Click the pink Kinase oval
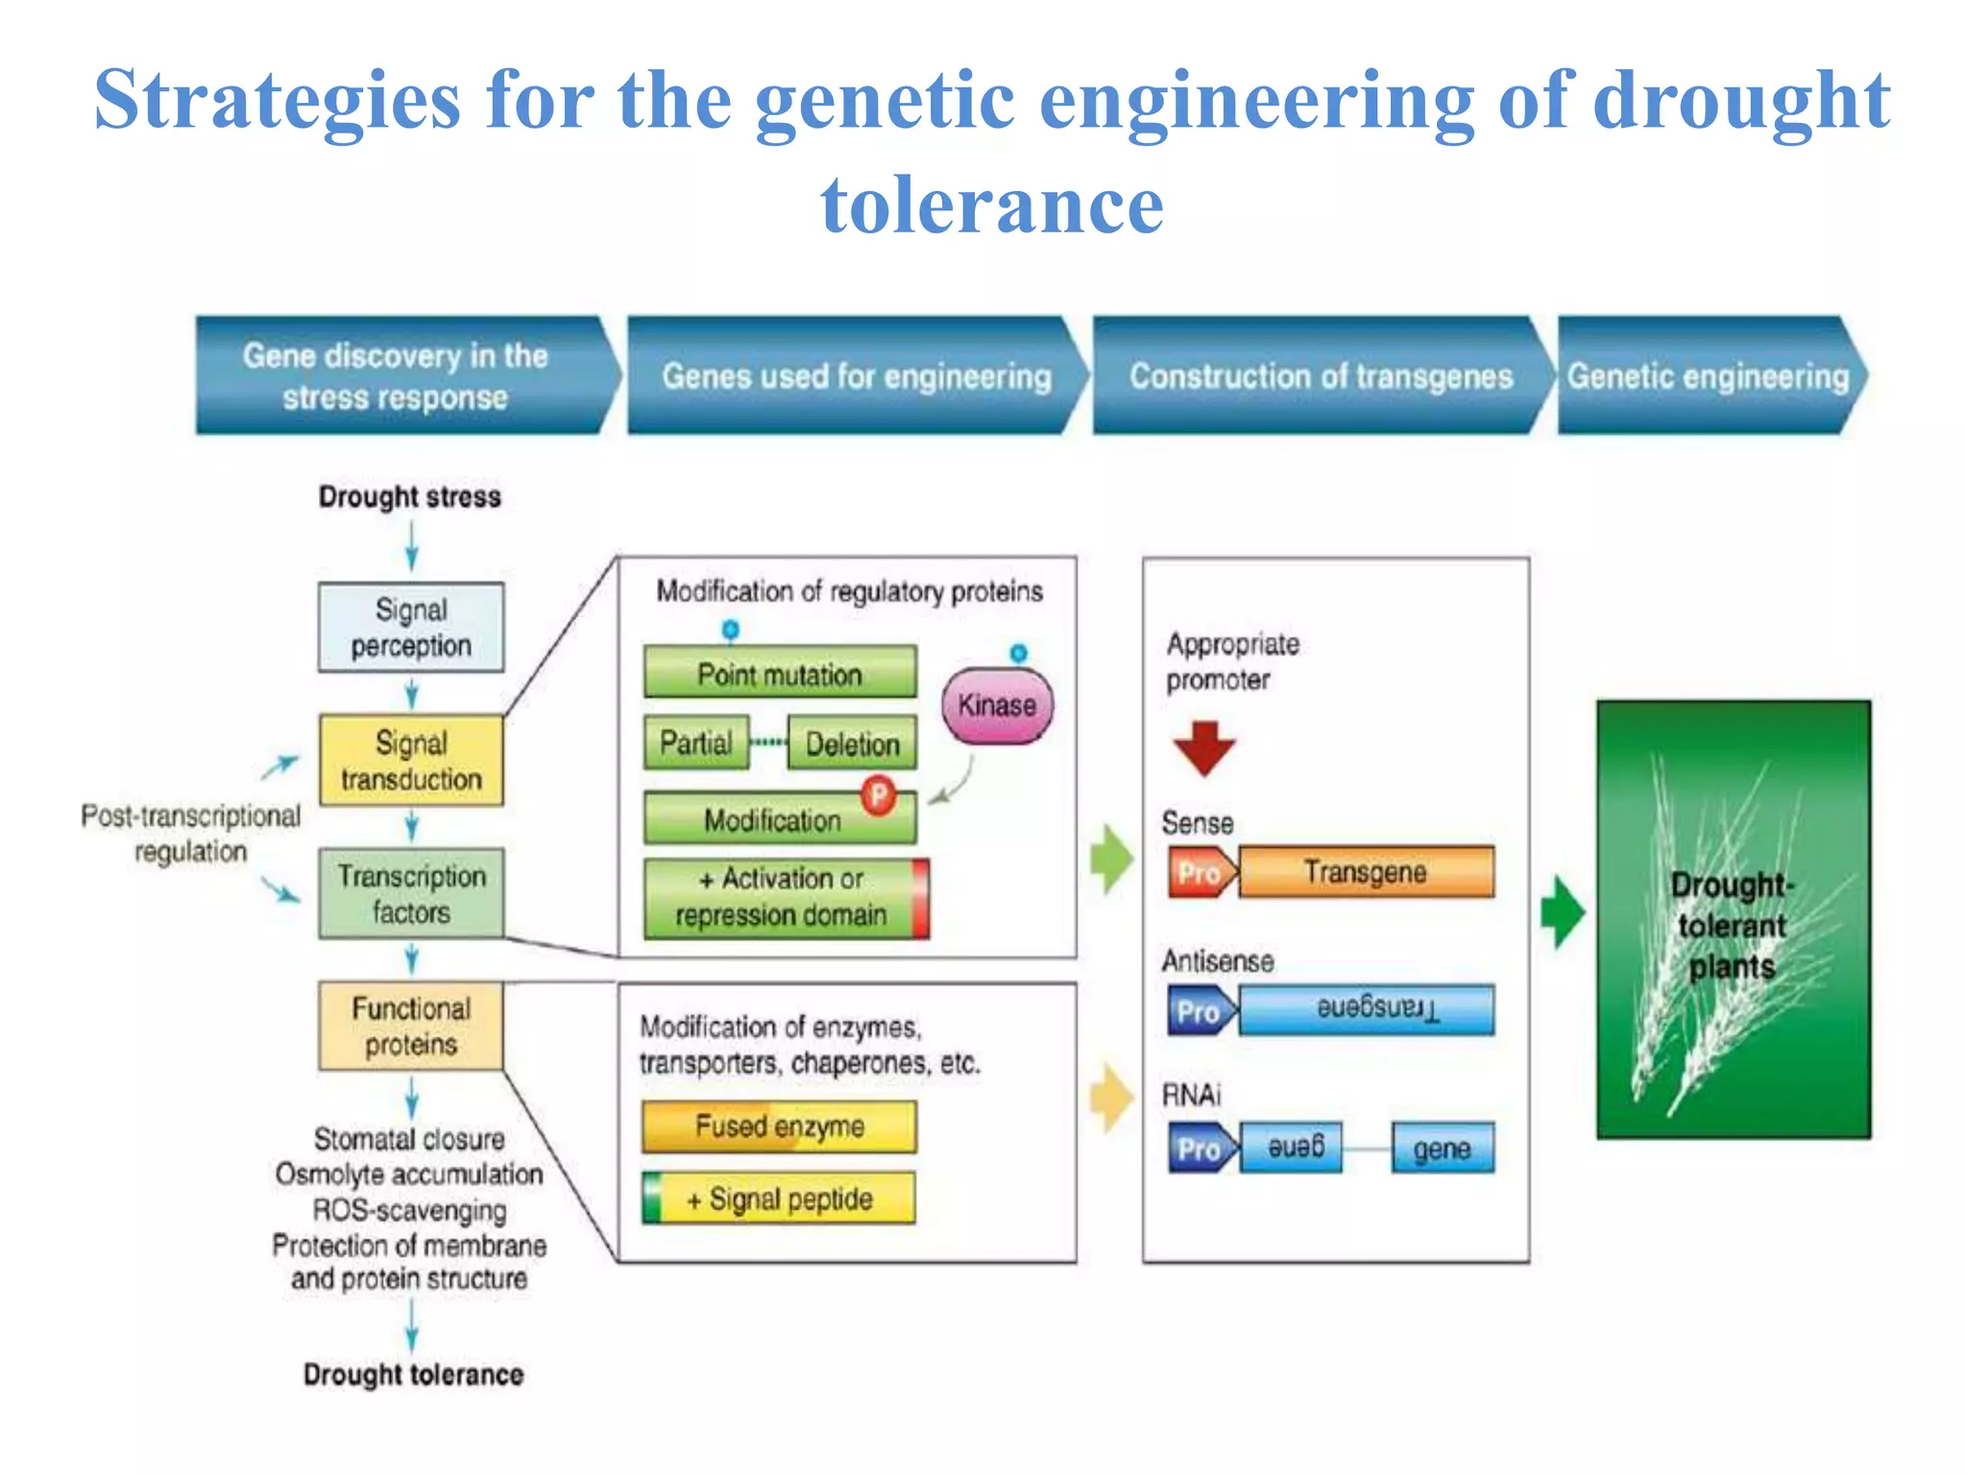click(x=997, y=706)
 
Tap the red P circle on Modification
click(x=878, y=795)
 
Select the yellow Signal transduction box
click(x=411, y=761)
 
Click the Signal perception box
click(x=411, y=627)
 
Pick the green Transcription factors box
click(x=411, y=893)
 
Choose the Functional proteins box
click(x=411, y=1026)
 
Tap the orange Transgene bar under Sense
click(x=1366, y=872)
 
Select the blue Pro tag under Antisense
click(x=1200, y=1011)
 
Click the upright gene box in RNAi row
click(x=1443, y=1149)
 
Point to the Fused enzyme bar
click(x=779, y=1126)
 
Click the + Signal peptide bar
click(x=779, y=1198)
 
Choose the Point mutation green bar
click(x=779, y=673)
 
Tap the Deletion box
click(x=851, y=743)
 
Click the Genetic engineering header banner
click(x=1709, y=376)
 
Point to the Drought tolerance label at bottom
click(x=413, y=1374)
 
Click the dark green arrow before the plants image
click(x=1563, y=912)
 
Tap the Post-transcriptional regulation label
click(x=191, y=833)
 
